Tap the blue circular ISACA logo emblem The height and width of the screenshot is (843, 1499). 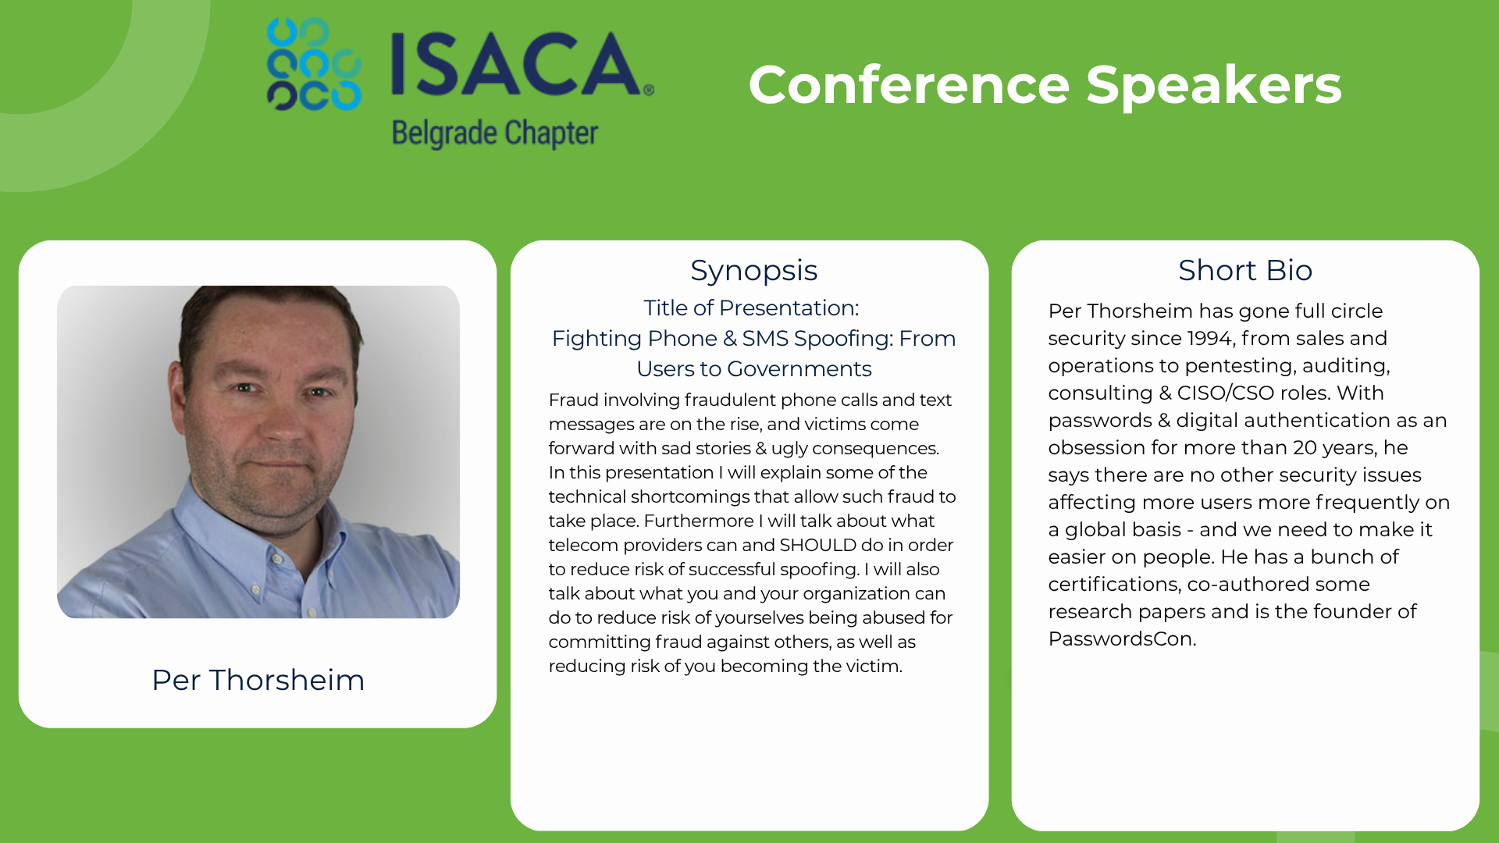point(314,64)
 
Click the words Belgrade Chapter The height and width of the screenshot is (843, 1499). point(495,133)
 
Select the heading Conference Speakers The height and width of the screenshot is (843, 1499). point(1045,85)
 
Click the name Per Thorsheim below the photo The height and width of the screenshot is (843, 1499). point(258,680)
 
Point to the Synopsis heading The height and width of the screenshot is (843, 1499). point(753,271)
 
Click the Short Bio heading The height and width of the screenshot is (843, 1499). point(1245,270)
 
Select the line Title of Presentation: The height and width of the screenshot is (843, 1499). point(751,308)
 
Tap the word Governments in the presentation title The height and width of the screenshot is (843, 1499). point(799,368)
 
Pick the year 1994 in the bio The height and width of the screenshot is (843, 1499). point(1212,338)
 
